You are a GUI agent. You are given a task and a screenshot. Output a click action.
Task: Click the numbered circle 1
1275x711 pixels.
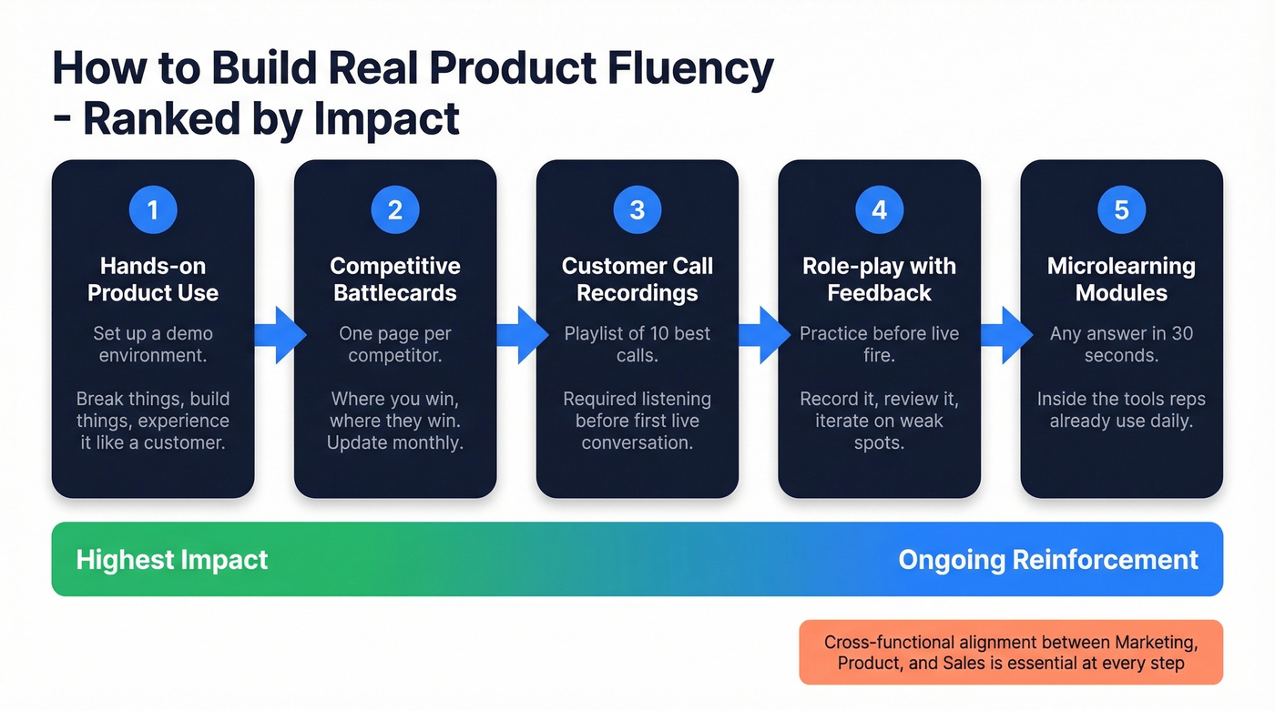[153, 210]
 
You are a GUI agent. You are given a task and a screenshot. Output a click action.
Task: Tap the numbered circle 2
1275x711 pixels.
[395, 210]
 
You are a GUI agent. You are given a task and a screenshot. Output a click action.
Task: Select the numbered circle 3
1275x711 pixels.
[637, 210]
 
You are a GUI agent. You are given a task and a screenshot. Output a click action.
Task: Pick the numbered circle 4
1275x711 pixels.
[880, 210]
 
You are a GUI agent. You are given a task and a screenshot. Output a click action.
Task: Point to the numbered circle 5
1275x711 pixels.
[1121, 210]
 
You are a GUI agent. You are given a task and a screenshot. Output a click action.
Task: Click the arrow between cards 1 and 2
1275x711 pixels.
[276, 335]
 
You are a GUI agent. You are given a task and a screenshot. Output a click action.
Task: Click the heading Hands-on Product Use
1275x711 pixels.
[153, 279]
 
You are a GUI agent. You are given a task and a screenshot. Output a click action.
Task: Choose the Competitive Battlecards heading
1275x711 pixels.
[395, 279]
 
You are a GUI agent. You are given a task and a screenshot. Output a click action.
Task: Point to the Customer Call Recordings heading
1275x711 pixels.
[637, 279]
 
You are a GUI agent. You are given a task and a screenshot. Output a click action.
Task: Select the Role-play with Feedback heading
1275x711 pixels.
[880, 279]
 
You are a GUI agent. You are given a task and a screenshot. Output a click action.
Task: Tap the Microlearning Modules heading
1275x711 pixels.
[1121, 279]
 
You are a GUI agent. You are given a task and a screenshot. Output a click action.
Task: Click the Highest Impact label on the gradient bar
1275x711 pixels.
[172, 559]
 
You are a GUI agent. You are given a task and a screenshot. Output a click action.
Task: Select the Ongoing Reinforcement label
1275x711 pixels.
[1048, 559]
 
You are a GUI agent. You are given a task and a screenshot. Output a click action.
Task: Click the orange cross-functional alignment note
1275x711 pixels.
[1011, 653]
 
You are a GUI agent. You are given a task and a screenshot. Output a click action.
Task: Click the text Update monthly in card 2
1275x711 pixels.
[395, 443]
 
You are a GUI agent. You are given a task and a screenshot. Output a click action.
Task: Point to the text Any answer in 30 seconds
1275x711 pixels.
[1121, 344]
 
